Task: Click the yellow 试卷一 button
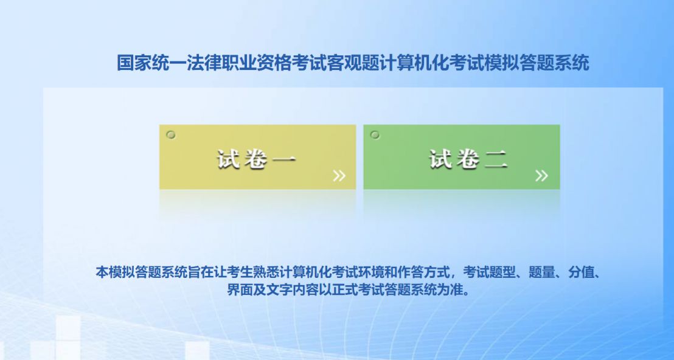point(257,157)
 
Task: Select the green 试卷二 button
point(462,157)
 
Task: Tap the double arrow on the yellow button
point(339,176)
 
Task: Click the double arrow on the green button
point(541,176)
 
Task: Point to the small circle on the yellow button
point(171,135)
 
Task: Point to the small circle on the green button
point(375,135)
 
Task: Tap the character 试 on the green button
point(440,159)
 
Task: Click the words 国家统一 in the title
point(151,63)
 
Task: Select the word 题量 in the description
point(541,273)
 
